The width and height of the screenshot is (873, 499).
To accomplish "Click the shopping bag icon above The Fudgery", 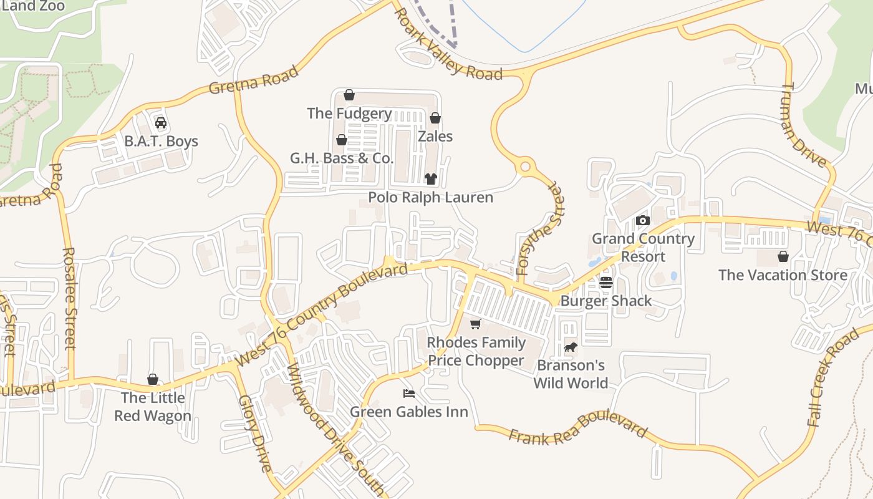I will [x=349, y=95].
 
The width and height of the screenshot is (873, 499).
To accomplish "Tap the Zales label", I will [x=435, y=136].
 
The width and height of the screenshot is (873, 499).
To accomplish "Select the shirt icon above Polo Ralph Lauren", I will [x=430, y=179].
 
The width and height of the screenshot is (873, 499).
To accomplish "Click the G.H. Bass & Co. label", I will [x=342, y=158].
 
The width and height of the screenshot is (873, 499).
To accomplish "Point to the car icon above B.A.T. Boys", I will [x=161, y=123].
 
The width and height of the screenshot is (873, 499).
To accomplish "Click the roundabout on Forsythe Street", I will [x=525, y=167].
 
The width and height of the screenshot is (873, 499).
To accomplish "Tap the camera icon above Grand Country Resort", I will [x=643, y=220].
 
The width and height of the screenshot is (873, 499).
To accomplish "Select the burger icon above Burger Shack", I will [x=606, y=283].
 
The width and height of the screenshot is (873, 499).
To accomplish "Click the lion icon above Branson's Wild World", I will [x=571, y=347].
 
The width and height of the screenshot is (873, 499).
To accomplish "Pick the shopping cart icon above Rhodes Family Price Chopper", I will [x=476, y=324].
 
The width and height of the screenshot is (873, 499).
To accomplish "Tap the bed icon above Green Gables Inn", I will [x=409, y=394].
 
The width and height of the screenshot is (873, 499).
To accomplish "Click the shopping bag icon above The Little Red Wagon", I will [x=153, y=379].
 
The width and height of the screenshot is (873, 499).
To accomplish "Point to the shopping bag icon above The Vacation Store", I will [x=783, y=256].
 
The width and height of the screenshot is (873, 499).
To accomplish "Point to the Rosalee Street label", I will [x=69, y=298].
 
